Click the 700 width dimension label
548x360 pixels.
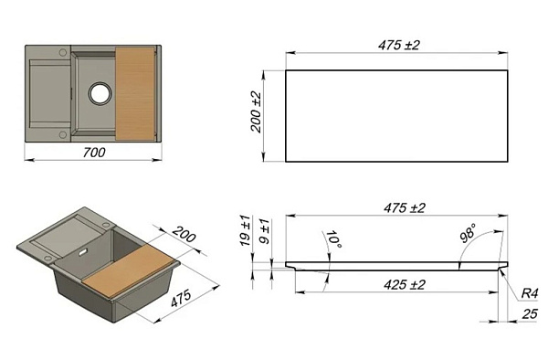click(94, 153)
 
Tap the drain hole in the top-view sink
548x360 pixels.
click(100, 93)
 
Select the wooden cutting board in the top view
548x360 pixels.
click(135, 93)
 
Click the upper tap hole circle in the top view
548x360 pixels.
click(62, 52)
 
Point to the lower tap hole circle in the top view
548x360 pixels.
click(62, 134)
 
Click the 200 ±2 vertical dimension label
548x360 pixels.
click(256, 111)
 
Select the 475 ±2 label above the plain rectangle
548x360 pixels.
click(398, 46)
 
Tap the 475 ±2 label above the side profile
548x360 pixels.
click(405, 208)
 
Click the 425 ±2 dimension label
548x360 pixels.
click(405, 285)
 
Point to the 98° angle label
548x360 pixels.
click(468, 233)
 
